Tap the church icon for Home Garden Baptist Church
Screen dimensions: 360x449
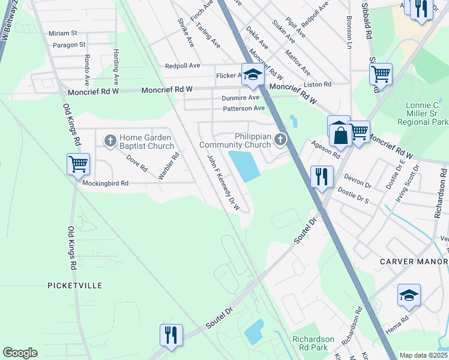(x=110, y=140)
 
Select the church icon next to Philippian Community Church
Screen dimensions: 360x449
(x=280, y=140)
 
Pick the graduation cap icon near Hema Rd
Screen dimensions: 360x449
(x=409, y=296)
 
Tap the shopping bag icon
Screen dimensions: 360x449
(x=340, y=134)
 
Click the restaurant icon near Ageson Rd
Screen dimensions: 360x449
(x=322, y=176)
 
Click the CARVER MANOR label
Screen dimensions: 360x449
(x=414, y=262)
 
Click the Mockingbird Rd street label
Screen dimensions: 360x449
(x=106, y=184)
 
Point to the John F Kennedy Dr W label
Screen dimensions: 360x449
(x=223, y=183)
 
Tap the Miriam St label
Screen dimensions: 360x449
(x=64, y=33)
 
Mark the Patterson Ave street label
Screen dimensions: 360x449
(x=244, y=109)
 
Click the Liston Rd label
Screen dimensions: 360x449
(x=318, y=85)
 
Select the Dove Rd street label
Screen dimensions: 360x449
(x=136, y=163)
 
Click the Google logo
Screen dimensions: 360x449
(x=20, y=353)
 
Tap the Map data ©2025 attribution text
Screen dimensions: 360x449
(x=423, y=355)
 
